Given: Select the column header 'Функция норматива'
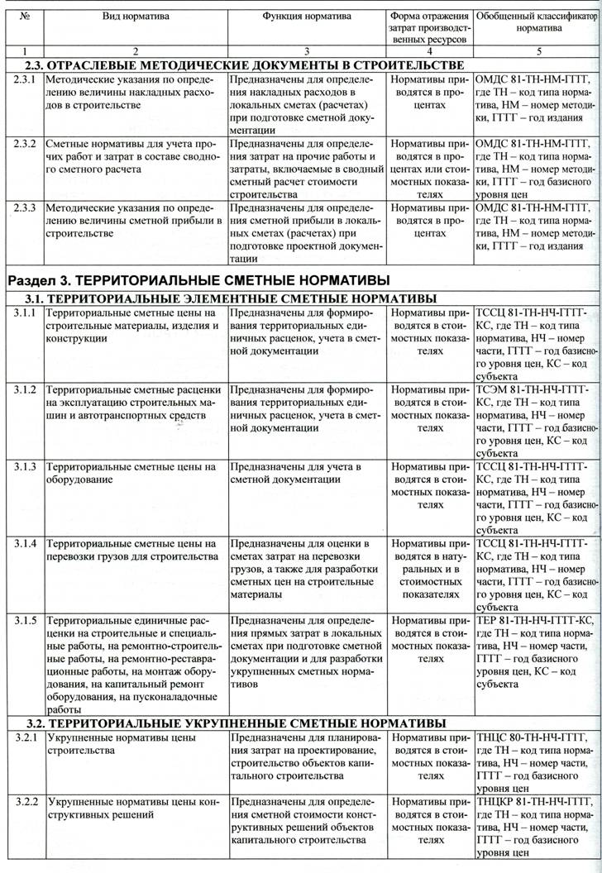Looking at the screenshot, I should tap(307, 17).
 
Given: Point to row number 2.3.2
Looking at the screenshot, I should tap(25, 142).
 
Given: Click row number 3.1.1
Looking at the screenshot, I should tap(25, 313).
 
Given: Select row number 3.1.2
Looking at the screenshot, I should tap(25, 389).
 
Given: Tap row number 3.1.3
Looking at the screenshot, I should tap(25, 466).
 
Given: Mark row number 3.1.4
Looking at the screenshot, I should tap(25, 543).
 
